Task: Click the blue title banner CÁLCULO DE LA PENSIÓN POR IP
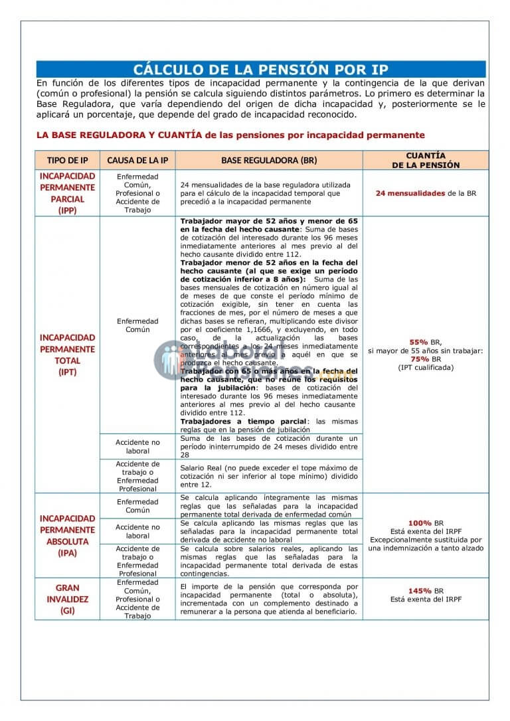point(260,70)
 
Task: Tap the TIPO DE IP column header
point(67,161)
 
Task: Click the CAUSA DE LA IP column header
point(137,161)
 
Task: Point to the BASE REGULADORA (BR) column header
point(269,161)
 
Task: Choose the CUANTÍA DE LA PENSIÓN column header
point(425,160)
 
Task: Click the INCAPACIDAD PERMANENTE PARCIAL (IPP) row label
point(67,193)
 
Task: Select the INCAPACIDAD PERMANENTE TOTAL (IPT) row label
point(67,355)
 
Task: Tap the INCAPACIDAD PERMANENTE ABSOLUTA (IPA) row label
point(67,535)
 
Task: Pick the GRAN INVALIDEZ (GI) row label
point(67,599)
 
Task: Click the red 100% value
point(420,522)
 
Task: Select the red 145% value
point(420,591)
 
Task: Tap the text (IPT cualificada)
point(426,367)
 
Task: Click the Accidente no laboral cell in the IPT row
point(137,446)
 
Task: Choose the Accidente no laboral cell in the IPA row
point(137,531)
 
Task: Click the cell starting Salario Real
point(269,476)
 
